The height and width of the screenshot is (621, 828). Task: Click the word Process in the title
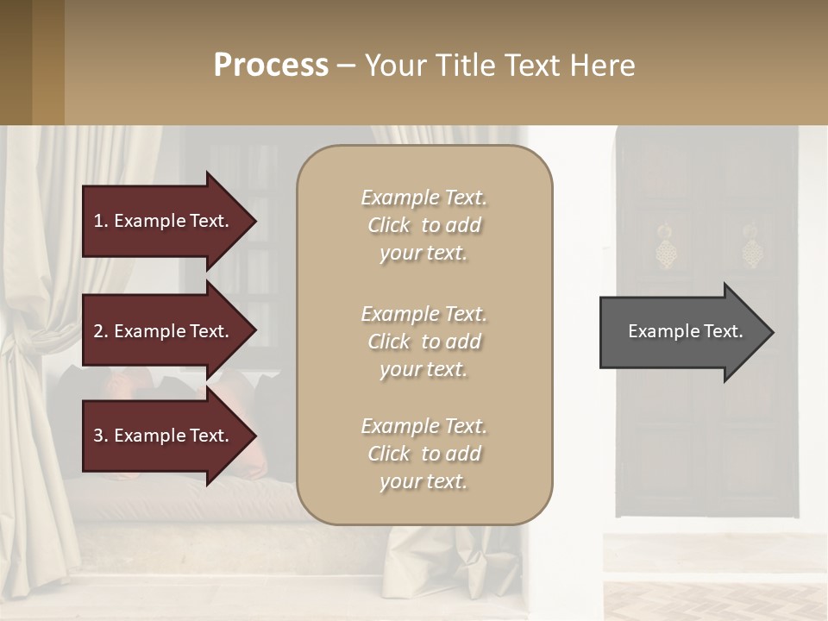pyautogui.click(x=271, y=66)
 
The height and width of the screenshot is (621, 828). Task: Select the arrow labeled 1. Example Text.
pyautogui.click(x=164, y=221)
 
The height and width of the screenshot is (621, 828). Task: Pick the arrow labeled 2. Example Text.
pyautogui.click(x=164, y=331)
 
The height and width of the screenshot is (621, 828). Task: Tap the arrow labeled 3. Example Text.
pyautogui.click(x=164, y=436)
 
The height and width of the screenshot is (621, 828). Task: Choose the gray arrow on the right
pyautogui.click(x=681, y=332)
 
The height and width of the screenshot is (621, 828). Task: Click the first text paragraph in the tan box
pyautogui.click(x=423, y=225)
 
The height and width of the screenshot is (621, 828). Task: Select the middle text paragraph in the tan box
pyautogui.click(x=423, y=342)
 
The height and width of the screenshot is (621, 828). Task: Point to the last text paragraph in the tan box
pyautogui.click(x=423, y=454)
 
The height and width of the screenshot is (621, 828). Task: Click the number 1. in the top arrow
pyautogui.click(x=101, y=221)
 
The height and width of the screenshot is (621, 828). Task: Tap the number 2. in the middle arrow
pyautogui.click(x=101, y=331)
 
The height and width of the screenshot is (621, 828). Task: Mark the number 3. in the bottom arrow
pyautogui.click(x=101, y=436)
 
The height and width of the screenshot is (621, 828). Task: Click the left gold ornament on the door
pyautogui.click(x=665, y=248)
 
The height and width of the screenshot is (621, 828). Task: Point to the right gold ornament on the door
pyautogui.click(x=752, y=248)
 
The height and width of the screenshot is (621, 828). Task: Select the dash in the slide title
pyautogui.click(x=346, y=66)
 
